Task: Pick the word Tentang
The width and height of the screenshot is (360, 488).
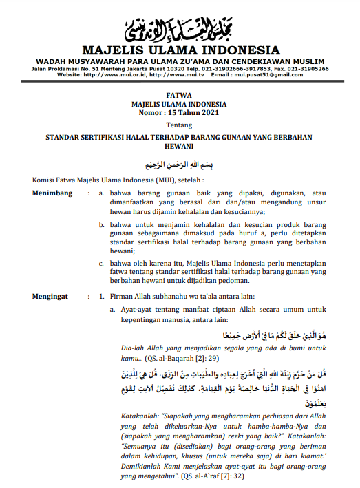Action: tap(180, 124)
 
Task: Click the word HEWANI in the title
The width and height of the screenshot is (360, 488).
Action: tap(180, 147)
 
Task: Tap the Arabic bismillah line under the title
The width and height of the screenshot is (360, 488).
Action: tap(180, 165)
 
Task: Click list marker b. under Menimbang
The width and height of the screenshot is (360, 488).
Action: tap(102, 224)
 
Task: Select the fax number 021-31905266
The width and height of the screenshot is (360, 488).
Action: tap(304, 69)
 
